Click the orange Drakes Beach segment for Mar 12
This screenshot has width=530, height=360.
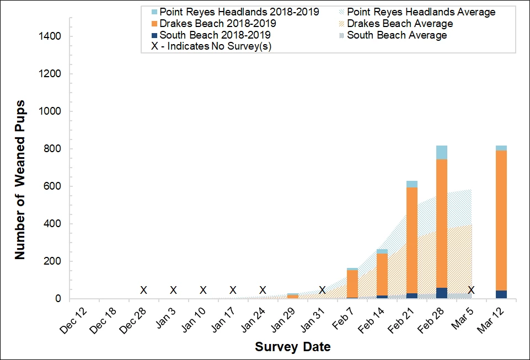click(501, 221)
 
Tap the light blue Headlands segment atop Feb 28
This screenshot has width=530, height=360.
click(441, 152)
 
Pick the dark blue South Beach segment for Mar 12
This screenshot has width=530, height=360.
click(501, 294)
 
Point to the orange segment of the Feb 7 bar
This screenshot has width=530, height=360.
click(352, 283)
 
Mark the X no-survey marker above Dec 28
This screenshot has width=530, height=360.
click(143, 290)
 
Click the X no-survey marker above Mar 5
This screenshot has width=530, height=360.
click(471, 290)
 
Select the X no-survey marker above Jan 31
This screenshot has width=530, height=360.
click(322, 290)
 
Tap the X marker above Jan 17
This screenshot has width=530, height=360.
click(233, 290)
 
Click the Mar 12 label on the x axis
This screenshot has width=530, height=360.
click(491, 319)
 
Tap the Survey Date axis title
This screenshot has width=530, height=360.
click(293, 347)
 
